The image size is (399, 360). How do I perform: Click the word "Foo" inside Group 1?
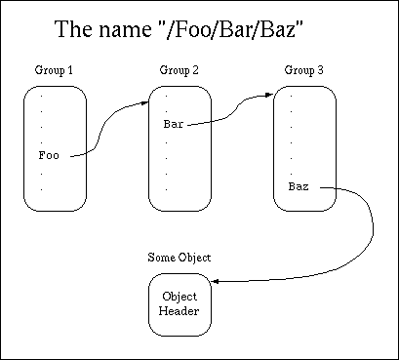[49, 154]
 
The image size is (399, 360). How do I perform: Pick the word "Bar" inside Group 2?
[174, 125]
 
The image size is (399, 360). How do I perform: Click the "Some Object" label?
[179, 258]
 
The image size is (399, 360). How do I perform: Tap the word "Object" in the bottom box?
[179, 296]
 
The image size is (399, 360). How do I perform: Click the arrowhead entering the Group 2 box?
[147, 101]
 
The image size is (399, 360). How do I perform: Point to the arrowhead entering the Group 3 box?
[270, 97]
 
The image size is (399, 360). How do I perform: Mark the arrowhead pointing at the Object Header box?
[214, 282]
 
